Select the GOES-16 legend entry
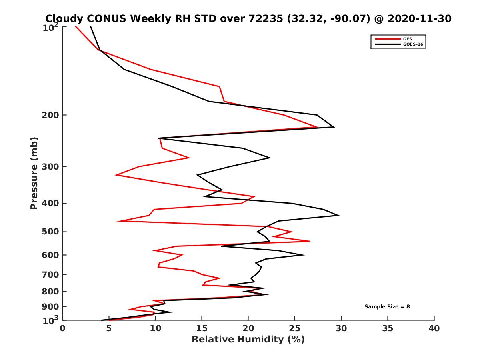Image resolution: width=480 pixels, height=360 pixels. tap(412, 44)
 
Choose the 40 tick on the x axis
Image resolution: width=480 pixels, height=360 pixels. tap(434, 329)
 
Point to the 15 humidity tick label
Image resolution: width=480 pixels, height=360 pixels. tap(202, 329)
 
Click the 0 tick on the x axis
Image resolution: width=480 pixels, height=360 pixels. tap(63, 329)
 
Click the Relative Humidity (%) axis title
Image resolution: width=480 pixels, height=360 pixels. tap(248, 340)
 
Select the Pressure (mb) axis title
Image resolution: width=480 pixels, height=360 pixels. tap(34, 173)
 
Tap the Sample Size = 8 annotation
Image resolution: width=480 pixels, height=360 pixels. tap(387, 307)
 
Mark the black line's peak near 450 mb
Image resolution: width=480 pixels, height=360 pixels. tap(339, 215)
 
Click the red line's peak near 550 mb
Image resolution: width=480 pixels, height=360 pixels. tap(310, 241)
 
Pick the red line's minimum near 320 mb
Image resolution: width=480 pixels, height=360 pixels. tap(116, 175)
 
